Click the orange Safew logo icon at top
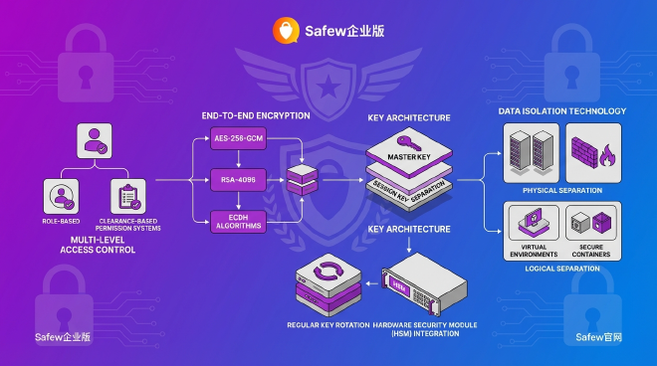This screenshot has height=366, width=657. (x=285, y=31)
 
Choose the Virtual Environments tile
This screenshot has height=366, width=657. (x=531, y=231)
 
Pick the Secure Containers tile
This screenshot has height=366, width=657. (x=593, y=231)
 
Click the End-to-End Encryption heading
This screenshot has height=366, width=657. (x=255, y=116)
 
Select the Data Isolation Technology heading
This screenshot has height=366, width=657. (x=562, y=111)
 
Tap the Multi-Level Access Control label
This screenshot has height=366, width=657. (x=97, y=245)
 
